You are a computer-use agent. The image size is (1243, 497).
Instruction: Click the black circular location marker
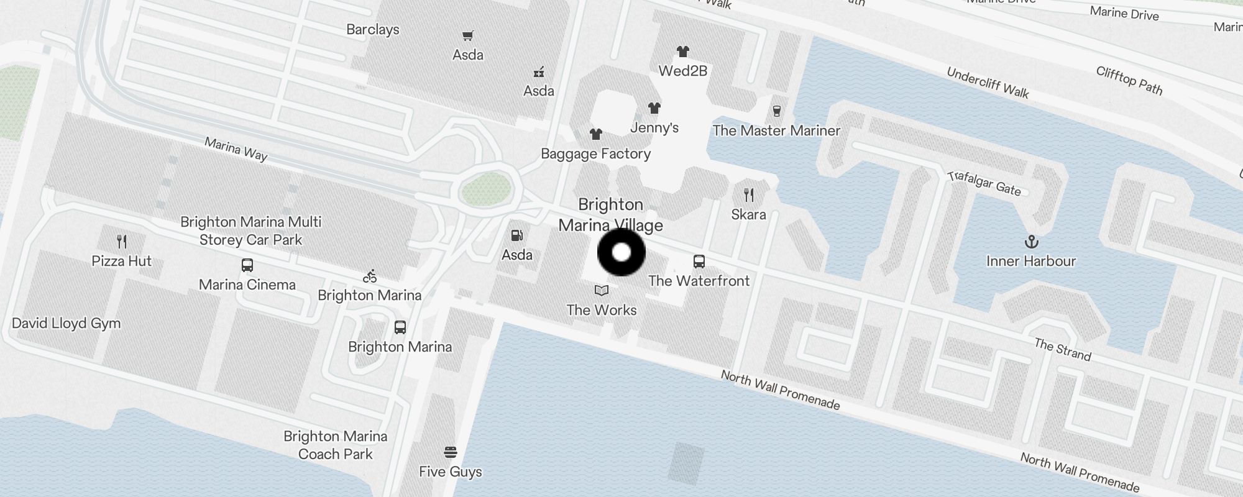pyautogui.click(x=621, y=252)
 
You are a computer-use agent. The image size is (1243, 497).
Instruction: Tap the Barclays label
pyautogui.click(x=373, y=29)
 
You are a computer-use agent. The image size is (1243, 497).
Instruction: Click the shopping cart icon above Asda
pyautogui.click(x=467, y=36)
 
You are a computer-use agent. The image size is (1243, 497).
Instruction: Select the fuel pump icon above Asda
pyautogui.click(x=516, y=235)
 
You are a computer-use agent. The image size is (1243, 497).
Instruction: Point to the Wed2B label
pyautogui.click(x=683, y=71)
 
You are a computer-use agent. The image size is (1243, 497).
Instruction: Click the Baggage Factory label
pyautogui.click(x=595, y=153)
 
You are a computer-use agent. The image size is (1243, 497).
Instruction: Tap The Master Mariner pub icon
pyautogui.click(x=776, y=111)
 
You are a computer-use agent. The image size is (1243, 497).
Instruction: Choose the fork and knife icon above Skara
pyautogui.click(x=749, y=195)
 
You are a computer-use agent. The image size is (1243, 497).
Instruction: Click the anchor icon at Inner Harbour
pyautogui.click(x=1031, y=241)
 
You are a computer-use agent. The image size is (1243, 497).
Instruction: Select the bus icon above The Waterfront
pyautogui.click(x=699, y=262)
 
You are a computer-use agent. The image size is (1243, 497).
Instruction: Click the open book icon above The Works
pyautogui.click(x=601, y=290)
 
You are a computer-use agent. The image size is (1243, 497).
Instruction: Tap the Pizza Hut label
pyautogui.click(x=121, y=261)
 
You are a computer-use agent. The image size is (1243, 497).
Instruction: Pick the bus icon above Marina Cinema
pyautogui.click(x=247, y=265)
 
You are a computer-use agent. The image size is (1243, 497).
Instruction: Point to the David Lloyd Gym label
pyautogui.click(x=67, y=323)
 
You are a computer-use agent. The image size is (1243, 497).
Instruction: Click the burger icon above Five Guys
pyautogui.click(x=451, y=452)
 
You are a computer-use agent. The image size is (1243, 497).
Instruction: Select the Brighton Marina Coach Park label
pyautogui.click(x=336, y=445)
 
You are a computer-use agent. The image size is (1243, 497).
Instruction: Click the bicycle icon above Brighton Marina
pyautogui.click(x=370, y=276)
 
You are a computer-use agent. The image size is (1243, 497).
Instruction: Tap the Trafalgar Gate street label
pyautogui.click(x=984, y=183)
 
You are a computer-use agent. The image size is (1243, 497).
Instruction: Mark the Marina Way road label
pyautogui.click(x=236, y=149)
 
